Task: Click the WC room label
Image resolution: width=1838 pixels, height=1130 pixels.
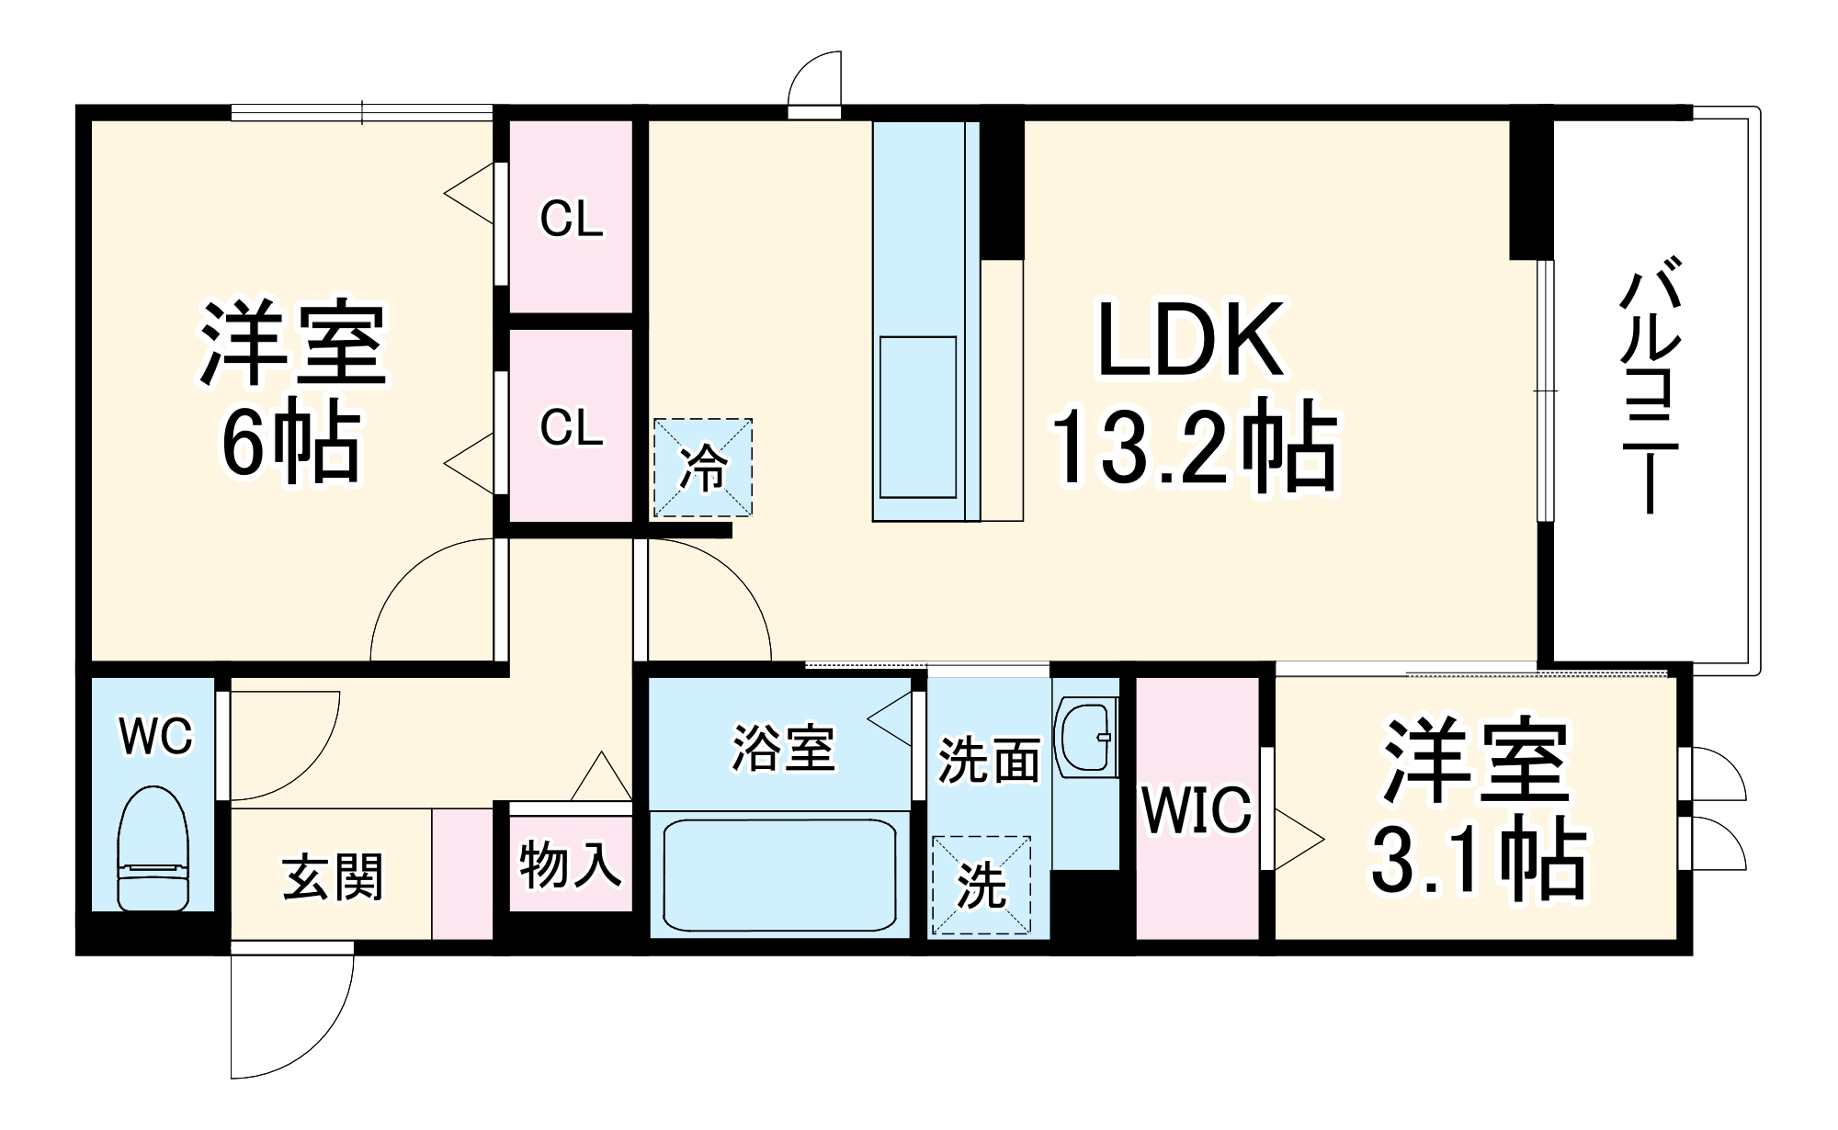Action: click(x=156, y=736)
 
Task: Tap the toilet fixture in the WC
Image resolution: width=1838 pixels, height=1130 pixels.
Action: click(x=153, y=849)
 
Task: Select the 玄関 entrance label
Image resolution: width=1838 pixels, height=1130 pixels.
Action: click(x=333, y=876)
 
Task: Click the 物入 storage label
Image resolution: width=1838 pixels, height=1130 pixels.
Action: click(x=570, y=864)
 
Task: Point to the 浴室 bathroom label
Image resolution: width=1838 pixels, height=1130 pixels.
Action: click(x=783, y=748)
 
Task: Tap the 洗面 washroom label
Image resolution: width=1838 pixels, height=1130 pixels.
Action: click(x=988, y=761)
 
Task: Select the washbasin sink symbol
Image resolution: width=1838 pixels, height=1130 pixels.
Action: click(x=1086, y=735)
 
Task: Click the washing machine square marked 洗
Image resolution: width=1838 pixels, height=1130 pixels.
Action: click(x=981, y=886)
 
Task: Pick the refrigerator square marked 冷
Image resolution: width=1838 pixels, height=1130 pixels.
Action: click(x=703, y=468)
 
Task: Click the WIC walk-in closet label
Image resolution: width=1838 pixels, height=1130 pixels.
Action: click(x=1197, y=809)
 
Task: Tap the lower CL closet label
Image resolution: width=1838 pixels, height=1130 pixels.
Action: click(x=571, y=427)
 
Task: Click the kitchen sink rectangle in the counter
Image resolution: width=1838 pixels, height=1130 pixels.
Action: click(x=918, y=417)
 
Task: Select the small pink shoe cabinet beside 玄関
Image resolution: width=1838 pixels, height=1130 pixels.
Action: click(x=462, y=874)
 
